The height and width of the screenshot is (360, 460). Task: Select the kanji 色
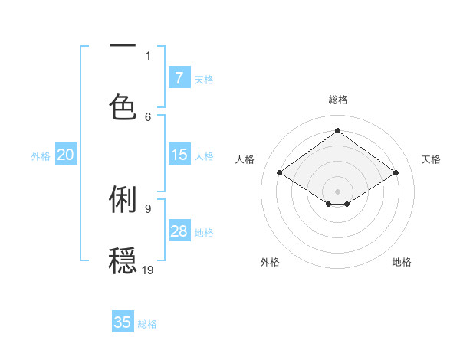coord(123,106)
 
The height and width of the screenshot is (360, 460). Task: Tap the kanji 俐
coord(123,199)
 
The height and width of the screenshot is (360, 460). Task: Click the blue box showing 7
coord(179,77)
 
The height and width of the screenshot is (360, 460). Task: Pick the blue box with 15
coord(179,155)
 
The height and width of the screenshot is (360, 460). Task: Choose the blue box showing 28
coord(179,231)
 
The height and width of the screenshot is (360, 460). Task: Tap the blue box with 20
coord(66,155)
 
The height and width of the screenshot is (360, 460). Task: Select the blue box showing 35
coord(123,322)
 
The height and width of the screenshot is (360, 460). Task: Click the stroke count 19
coord(148,270)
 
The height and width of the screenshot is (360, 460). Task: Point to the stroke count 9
coord(148,208)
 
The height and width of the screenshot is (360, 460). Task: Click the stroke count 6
coord(148,116)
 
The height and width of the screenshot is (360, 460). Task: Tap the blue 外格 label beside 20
coord(41,155)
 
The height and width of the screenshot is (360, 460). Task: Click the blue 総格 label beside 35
coord(147,323)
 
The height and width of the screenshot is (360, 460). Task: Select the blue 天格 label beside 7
coord(204,78)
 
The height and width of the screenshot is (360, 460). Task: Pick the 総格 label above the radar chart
coord(337,100)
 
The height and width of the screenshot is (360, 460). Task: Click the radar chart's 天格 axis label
coord(431,159)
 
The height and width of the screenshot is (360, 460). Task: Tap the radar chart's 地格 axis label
coord(402,262)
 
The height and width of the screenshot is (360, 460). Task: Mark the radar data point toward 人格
coord(280,173)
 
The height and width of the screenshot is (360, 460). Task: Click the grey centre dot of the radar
coord(337,191)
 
